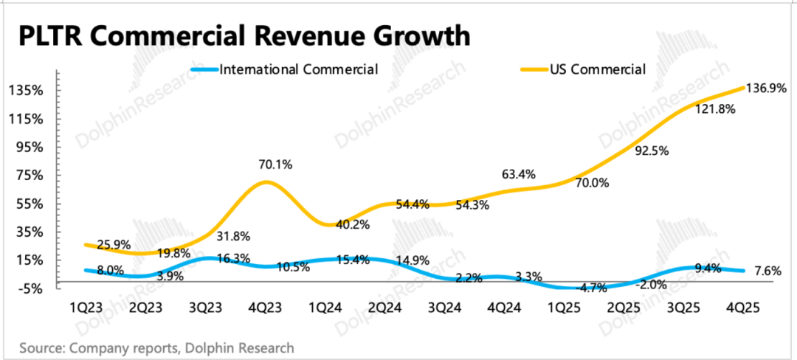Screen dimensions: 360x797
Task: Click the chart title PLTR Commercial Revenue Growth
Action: [x=244, y=36]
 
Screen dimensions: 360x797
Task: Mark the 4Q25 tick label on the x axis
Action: [x=743, y=307]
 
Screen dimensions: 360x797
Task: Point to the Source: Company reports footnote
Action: [x=156, y=347]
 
